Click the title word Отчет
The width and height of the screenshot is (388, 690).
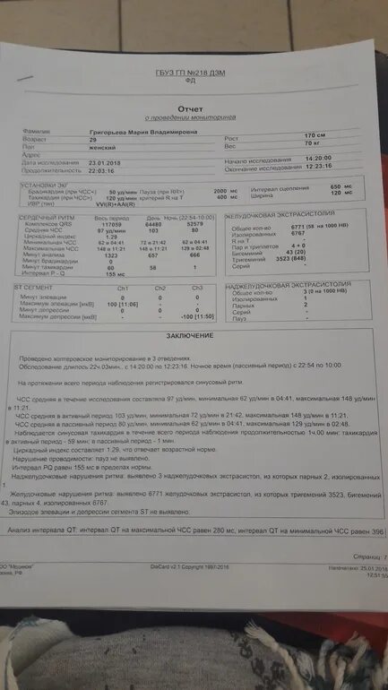point(190,108)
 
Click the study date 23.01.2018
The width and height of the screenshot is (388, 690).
point(107,163)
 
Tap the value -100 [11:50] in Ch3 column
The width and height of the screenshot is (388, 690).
point(196,316)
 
